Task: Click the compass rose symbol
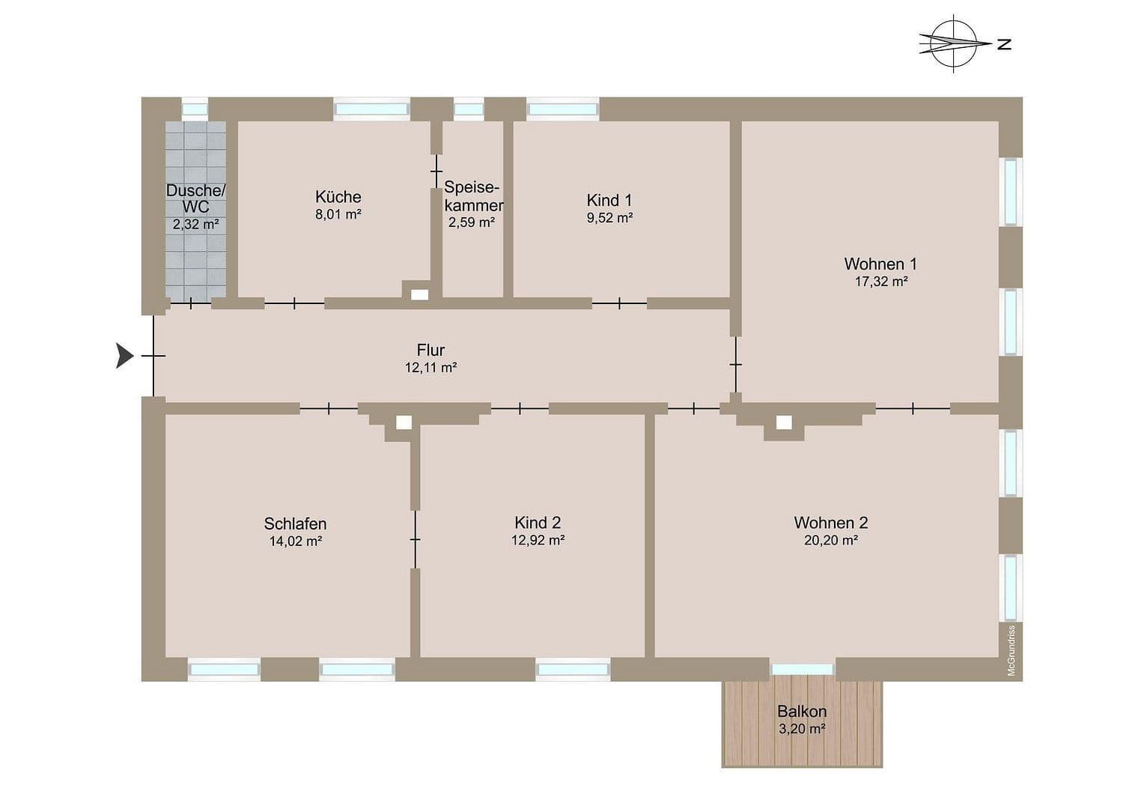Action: (x=952, y=43)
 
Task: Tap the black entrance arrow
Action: (x=124, y=355)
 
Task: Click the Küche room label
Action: (x=338, y=197)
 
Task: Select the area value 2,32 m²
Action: (x=195, y=224)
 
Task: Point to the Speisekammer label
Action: (x=472, y=196)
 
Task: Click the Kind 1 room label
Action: (x=609, y=200)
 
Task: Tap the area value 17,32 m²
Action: (x=880, y=282)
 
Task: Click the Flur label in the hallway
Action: (x=430, y=350)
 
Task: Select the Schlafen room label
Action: (x=295, y=524)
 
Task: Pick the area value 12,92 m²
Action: (x=538, y=540)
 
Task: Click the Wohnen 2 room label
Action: (x=830, y=523)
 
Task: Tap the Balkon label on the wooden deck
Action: (x=801, y=712)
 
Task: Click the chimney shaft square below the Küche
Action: (x=419, y=294)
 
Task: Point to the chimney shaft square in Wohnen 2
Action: (x=783, y=423)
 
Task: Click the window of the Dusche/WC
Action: (x=195, y=109)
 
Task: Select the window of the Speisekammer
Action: (x=469, y=109)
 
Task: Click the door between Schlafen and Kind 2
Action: (x=415, y=539)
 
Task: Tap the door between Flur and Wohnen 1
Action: (x=736, y=364)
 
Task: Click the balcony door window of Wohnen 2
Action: (x=802, y=669)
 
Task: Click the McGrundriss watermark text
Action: (x=1011, y=650)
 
